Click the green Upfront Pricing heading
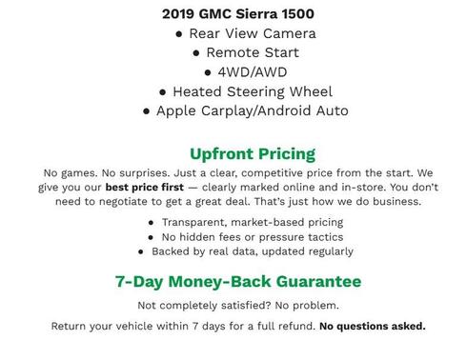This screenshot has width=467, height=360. pyautogui.click(x=253, y=153)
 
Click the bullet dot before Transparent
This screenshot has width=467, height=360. pyautogui.click(x=152, y=222)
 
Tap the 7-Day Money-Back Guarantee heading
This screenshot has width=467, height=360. pyautogui.click(x=238, y=282)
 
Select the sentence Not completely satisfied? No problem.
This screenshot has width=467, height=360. pyautogui.click(x=238, y=306)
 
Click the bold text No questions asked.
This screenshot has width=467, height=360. pyautogui.click(x=373, y=327)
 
